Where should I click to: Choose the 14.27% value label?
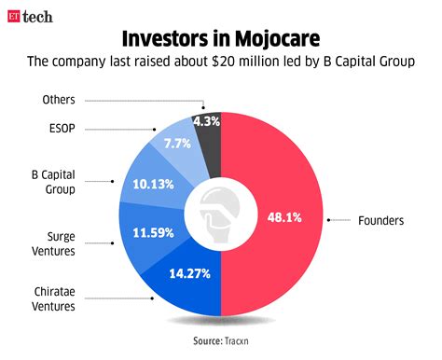[188, 275]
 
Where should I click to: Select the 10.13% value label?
[154, 184]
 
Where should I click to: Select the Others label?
[59, 99]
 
